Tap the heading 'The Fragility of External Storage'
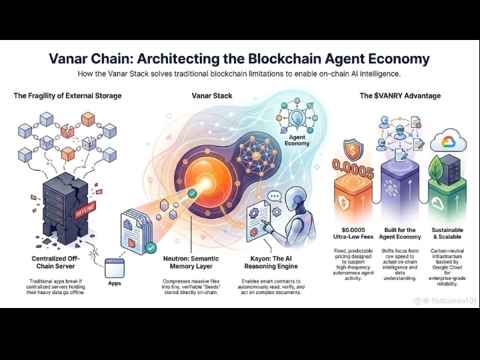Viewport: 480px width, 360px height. (x=67, y=96)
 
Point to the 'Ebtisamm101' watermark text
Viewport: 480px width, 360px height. (x=445, y=301)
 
